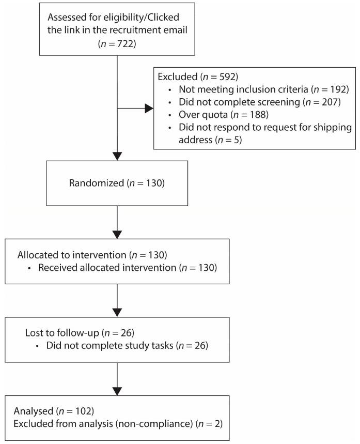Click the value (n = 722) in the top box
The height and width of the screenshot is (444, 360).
118,44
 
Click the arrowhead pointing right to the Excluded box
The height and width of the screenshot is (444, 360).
149,109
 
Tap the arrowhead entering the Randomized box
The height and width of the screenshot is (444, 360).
118,156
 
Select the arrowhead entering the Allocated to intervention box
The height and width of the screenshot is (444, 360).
118,234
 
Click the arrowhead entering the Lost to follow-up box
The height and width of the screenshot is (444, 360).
118,311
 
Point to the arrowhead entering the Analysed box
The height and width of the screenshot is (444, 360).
118,390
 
